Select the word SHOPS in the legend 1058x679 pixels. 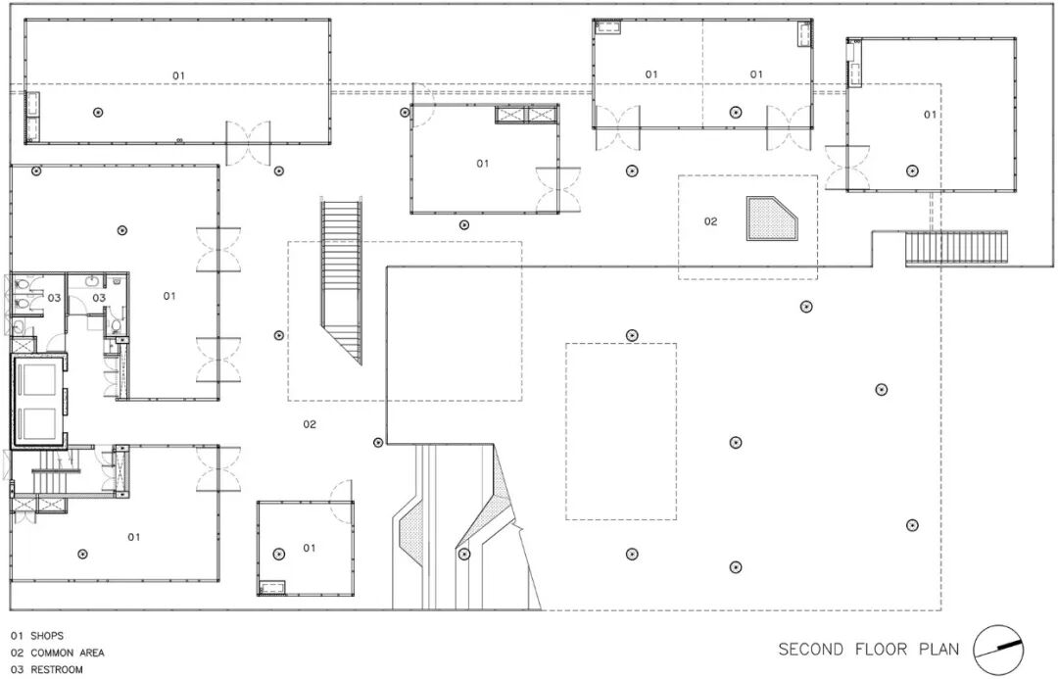coord(47,636)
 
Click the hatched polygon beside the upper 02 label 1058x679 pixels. coord(773,218)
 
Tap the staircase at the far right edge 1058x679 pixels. coord(955,247)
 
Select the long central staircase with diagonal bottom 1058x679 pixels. coord(342,274)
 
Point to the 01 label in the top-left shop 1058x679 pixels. coord(179,75)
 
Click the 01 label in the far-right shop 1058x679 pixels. coord(930,115)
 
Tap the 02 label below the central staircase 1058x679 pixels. coord(310,424)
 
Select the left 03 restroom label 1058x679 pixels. coord(55,297)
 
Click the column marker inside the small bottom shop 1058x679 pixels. coord(278,554)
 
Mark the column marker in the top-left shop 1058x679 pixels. coord(98,113)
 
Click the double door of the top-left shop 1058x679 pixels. coord(248,143)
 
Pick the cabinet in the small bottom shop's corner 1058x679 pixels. coord(272,587)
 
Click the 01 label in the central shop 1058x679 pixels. coord(483,164)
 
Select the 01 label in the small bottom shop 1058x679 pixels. coord(310,548)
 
